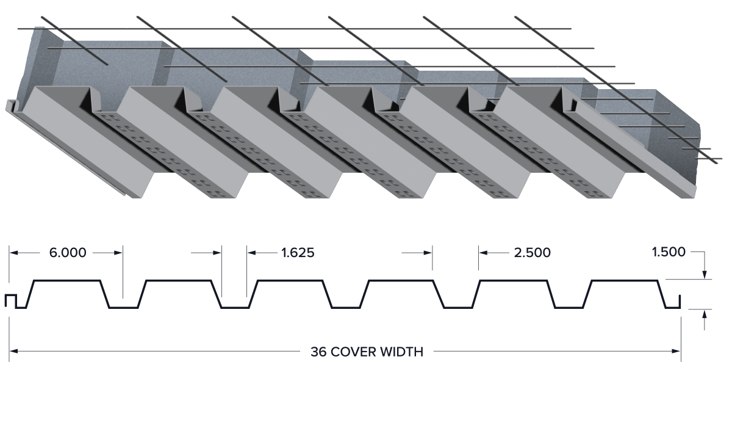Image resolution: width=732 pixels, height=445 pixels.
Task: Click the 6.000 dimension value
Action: [x=68, y=253]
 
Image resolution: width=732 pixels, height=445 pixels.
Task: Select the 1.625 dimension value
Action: [x=298, y=253]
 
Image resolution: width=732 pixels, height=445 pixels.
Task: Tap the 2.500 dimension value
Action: [x=533, y=253]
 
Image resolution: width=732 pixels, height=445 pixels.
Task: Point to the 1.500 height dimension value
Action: [x=669, y=252]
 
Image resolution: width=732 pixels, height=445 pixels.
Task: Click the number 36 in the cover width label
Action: [x=318, y=352]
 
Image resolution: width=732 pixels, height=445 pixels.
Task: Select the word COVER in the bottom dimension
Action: [x=353, y=352]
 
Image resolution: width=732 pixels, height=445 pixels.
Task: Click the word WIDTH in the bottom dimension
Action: [x=402, y=352]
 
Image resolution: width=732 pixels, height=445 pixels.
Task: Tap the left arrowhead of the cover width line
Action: [x=13, y=352]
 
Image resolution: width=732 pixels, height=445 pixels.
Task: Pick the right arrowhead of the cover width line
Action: [x=676, y=352]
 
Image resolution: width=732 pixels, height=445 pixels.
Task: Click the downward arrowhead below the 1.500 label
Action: [x=705, y=275]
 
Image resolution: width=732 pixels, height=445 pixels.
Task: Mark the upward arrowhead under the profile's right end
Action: [x=705, y=314]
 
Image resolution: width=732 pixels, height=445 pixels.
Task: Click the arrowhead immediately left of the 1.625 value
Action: [x=251, y=253]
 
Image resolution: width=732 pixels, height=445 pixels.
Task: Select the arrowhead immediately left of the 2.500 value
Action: [x=483, y=253]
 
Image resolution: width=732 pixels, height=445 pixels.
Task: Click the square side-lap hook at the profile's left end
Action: [x=10, y=301]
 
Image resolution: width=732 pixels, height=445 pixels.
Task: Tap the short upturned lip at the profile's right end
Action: [x=680, y=302]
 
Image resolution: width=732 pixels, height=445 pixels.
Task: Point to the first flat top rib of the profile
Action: [x=66, y=280]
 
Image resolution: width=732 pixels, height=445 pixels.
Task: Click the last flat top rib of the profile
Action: [x=625, y=280]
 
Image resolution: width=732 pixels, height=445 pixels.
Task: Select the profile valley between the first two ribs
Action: [x=123, y=307]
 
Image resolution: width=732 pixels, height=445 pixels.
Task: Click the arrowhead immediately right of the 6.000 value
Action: [x=118, y=253]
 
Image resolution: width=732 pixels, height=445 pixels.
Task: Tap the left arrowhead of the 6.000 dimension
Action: [x=13, y=253]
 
